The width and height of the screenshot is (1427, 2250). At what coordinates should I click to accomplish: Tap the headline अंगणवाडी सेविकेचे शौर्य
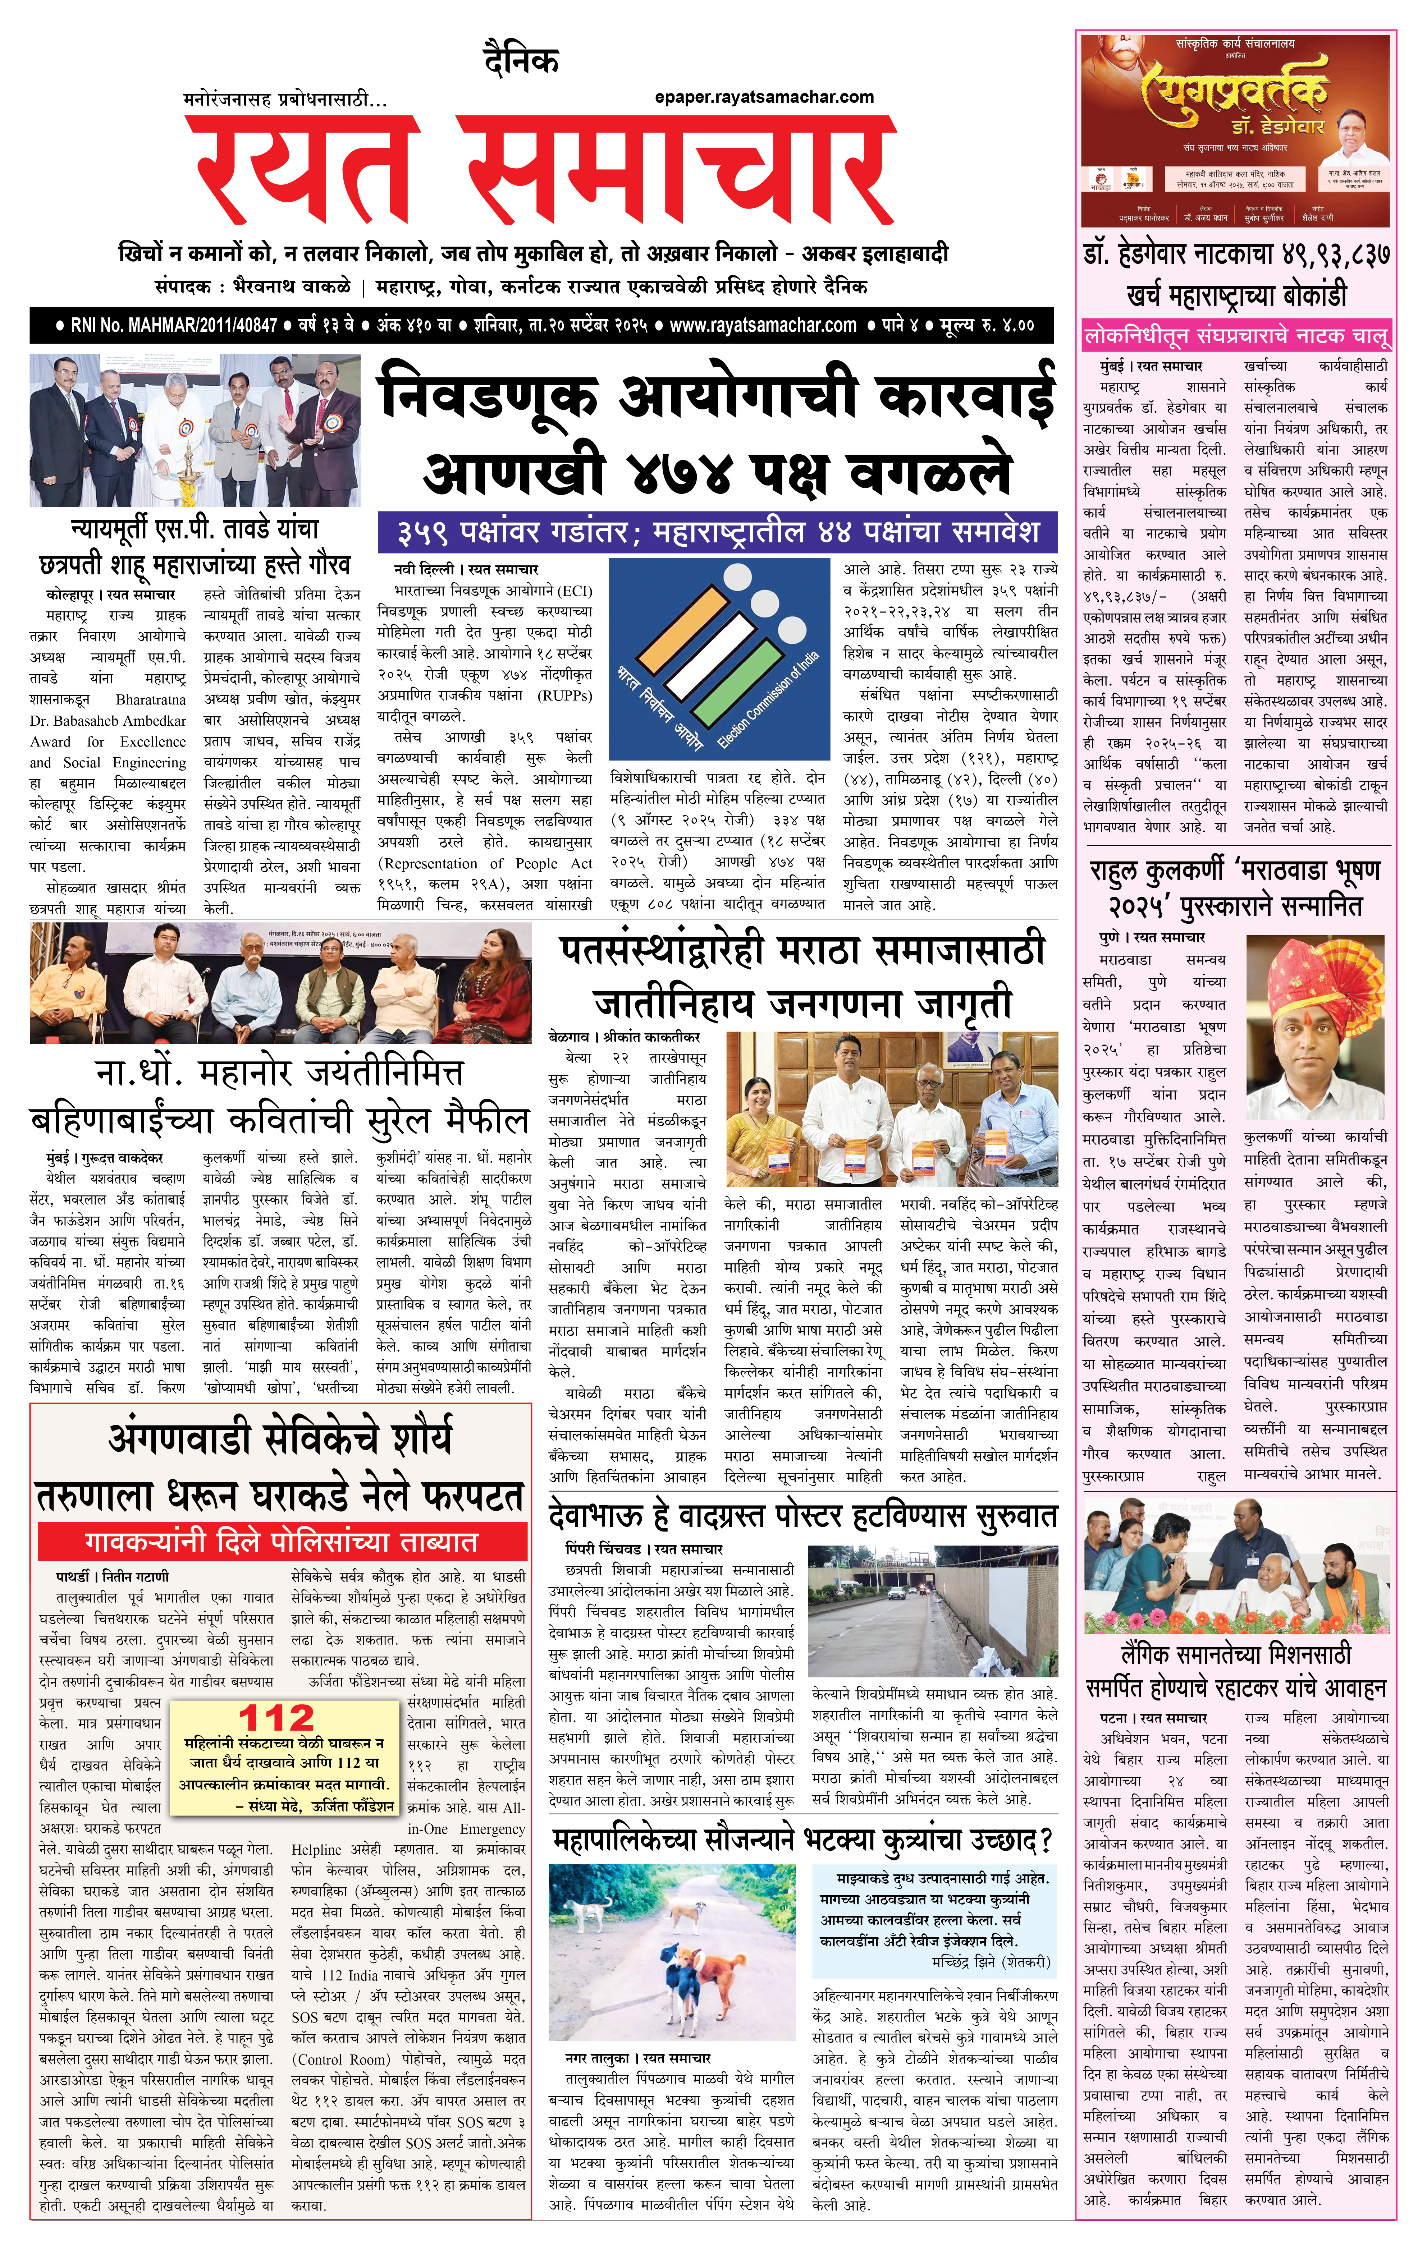point(280,1439)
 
